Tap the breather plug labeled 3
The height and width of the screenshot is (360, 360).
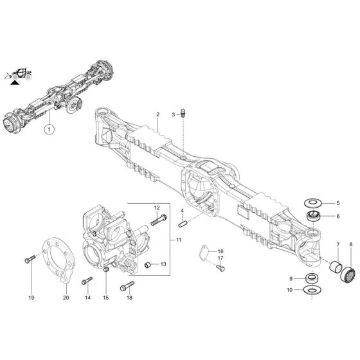click(185, 113)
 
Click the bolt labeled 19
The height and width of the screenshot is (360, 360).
click(31, 260)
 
